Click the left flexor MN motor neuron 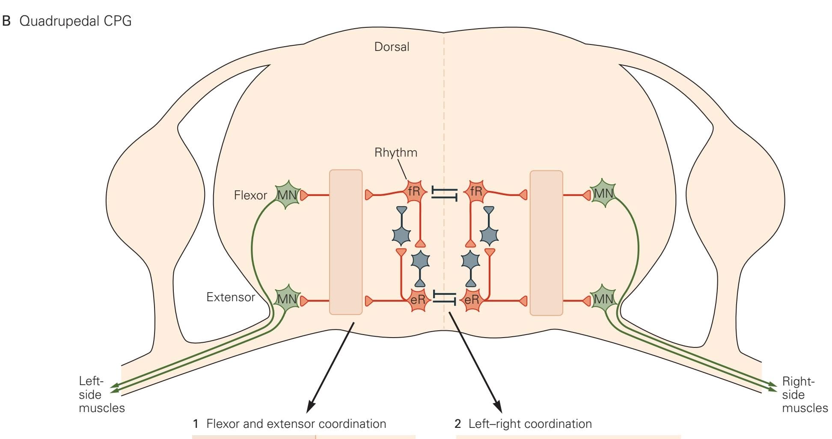tap(287, 195)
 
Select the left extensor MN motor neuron tap(287, 299)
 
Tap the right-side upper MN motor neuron tap(603, 194)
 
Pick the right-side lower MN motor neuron tap(603, 299)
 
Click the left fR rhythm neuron tap(415, 192)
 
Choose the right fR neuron tap(476, 191)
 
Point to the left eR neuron tap(418, 300)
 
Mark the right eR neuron tap(472, 300)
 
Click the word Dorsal tap(392, 47)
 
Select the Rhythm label tap(395, 152)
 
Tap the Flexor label tap(250, 196)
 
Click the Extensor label tap(230, 297)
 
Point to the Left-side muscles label tap(101, 395)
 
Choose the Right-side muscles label tap(805, 395)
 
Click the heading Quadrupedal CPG tap(75, 21)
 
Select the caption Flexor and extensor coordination tap(296, 424)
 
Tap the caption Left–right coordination tap(530, 424)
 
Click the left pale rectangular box tap(346, 242)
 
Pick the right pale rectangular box tap(546, 243)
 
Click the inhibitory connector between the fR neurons tap(444, 193)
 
